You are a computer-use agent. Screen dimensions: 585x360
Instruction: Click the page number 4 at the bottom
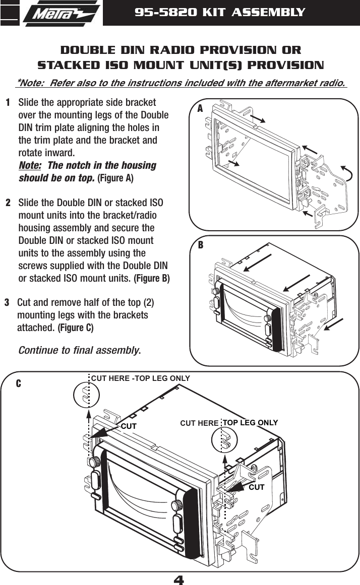click(179, 579)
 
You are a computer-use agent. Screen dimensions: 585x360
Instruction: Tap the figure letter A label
click(200, 109)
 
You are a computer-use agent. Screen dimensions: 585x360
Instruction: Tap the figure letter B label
click(200, 245)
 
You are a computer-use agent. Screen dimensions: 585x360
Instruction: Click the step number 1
click(9, 103)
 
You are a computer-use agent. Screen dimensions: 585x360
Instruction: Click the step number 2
click(9, 203)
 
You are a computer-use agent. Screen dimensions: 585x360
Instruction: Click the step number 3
click(7, 303)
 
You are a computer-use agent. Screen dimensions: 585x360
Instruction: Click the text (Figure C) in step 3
click(76, 328)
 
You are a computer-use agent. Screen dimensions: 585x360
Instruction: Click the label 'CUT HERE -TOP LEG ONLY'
click(140, 378)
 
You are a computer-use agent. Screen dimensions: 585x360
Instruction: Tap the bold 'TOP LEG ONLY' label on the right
click(250, 422)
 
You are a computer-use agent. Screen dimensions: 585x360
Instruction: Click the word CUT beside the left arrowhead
click(129, 426)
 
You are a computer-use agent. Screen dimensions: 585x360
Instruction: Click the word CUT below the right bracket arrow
click(257, 487)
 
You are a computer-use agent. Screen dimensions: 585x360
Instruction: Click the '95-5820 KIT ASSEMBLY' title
click(220, 12)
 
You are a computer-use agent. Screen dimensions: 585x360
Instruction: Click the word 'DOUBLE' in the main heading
click(86, 50)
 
